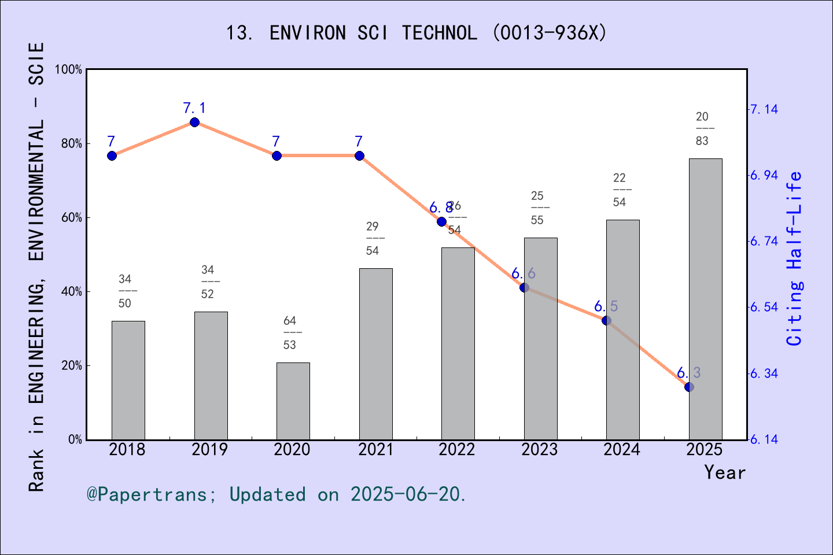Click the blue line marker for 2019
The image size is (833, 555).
point(195,123)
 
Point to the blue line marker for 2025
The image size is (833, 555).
point(689,387)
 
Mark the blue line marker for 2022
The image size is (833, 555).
point(442,222)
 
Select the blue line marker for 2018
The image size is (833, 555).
point(112,156)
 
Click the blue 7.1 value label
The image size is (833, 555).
point(194,108)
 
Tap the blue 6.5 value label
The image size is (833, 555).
point(606,306)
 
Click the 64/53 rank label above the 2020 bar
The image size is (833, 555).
point(290,332)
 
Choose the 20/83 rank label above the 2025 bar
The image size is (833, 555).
point(702,128)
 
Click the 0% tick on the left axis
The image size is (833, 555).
point(75,440)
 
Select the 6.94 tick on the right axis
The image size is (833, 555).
point(764,175)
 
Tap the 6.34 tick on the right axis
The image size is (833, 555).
point(764,373)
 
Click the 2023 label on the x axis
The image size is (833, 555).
point(539,450)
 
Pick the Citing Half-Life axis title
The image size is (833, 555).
point(795,258)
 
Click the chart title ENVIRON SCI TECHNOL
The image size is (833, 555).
point(416,33)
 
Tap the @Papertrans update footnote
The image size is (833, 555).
point(276,494)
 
